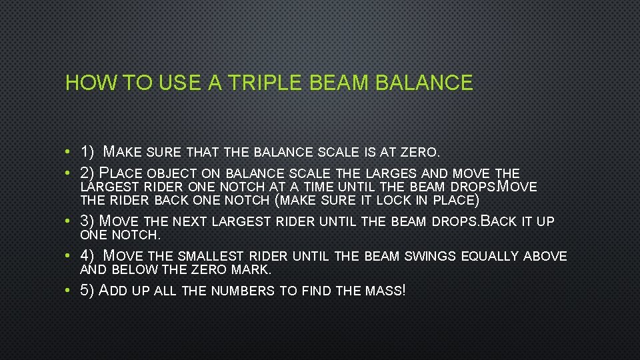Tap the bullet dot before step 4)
click(69, 256)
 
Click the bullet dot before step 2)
click(69, 173)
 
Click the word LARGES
click(393, 173)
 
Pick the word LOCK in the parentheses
click(396, 201)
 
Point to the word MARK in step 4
click(251, 270)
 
